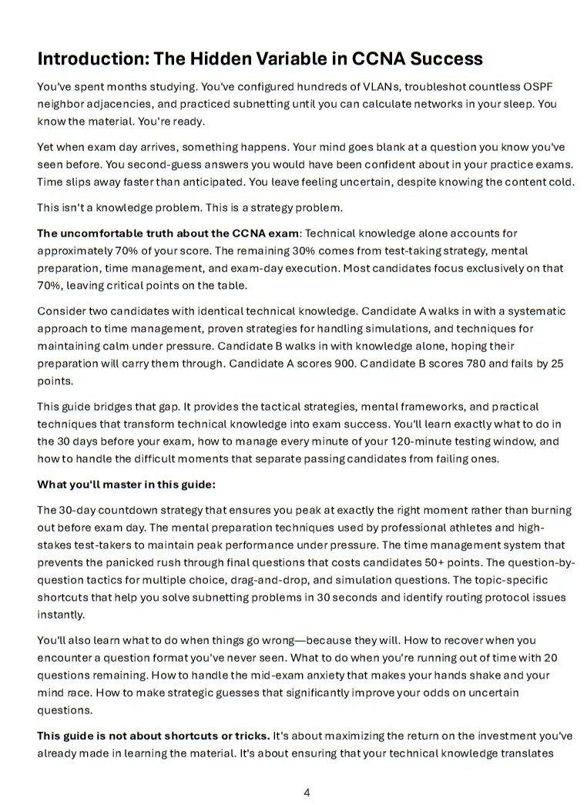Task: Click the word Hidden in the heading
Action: pyautogui.click(x=207, y=59)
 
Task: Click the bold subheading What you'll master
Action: pyautogui.click(x=126, y=485)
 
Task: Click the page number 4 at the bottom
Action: pyautogui.click(x=307, y=792)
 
